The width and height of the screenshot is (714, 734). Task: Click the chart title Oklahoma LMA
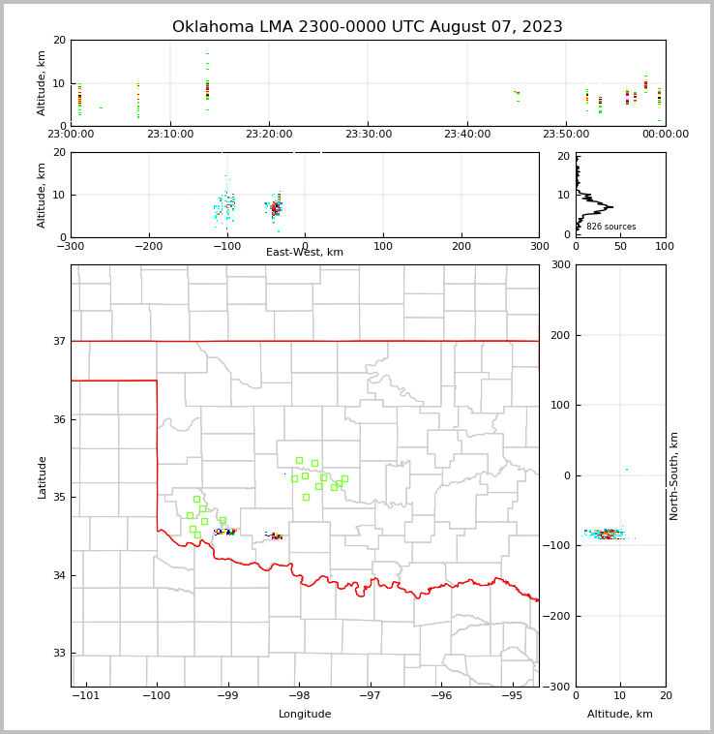(368, 27)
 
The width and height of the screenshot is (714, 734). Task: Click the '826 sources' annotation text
(611, 227)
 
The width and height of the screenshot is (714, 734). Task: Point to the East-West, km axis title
(305, 253)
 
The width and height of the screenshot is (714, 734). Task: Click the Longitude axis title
(305, 715)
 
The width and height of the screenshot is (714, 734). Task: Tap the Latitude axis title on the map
(42, 476)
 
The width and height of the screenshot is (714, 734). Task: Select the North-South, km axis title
(674, 475)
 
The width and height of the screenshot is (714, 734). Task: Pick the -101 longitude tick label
(86, 695)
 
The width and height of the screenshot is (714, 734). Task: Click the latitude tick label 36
(58, 419)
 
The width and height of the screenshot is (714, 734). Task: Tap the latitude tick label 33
(58, 654)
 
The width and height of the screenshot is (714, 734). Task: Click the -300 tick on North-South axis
(556, 687)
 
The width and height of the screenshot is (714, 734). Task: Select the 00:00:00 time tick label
(665, 135)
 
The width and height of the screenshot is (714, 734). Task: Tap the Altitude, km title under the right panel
(620, 715)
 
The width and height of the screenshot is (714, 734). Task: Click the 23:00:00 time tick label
(72, 135)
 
